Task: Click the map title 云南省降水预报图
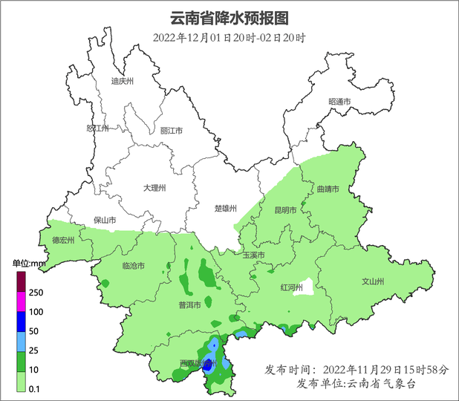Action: pyautogui.click(x=229, y=17)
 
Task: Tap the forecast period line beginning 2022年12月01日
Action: pyautogui.click(x=229, y=38)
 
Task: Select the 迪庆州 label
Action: pyautogui.click(x=121, y=82)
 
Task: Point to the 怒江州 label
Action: pyautogui.click(x=97, y=128)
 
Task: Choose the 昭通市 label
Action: pyautogui.click(x=339, y=101)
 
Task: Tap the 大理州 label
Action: pyautogui.click(x=154, y=188)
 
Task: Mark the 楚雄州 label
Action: pyautogui.click(x=224, y=208)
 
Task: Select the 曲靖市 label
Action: pyautogui.click(x=328, y=189)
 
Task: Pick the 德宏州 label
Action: pyautogui.click(x=63, y=240)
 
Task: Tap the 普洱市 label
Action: pyautogui.click(x=189, y=305)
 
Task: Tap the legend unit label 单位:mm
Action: pyautogui.click(x=29, y=263)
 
